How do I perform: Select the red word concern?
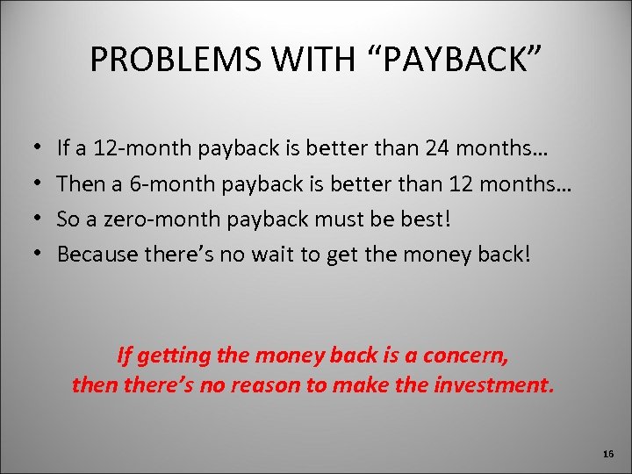[471, 357]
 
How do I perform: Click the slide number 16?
[608, 454]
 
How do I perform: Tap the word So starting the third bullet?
[68, 219]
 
